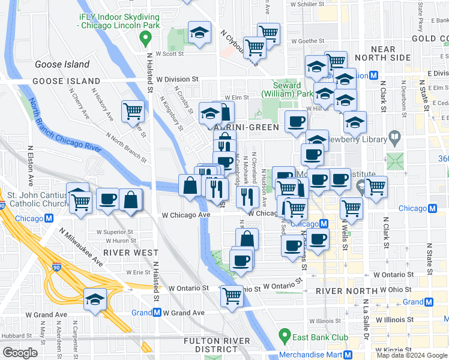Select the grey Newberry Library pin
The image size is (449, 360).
point(394,139)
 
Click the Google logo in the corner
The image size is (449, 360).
point(20,353)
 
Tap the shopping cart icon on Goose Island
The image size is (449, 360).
point(133,110)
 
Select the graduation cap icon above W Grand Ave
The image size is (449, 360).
point(95,299)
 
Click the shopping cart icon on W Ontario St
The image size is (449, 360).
point(232,295)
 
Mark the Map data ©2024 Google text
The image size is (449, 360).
point(412,355)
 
